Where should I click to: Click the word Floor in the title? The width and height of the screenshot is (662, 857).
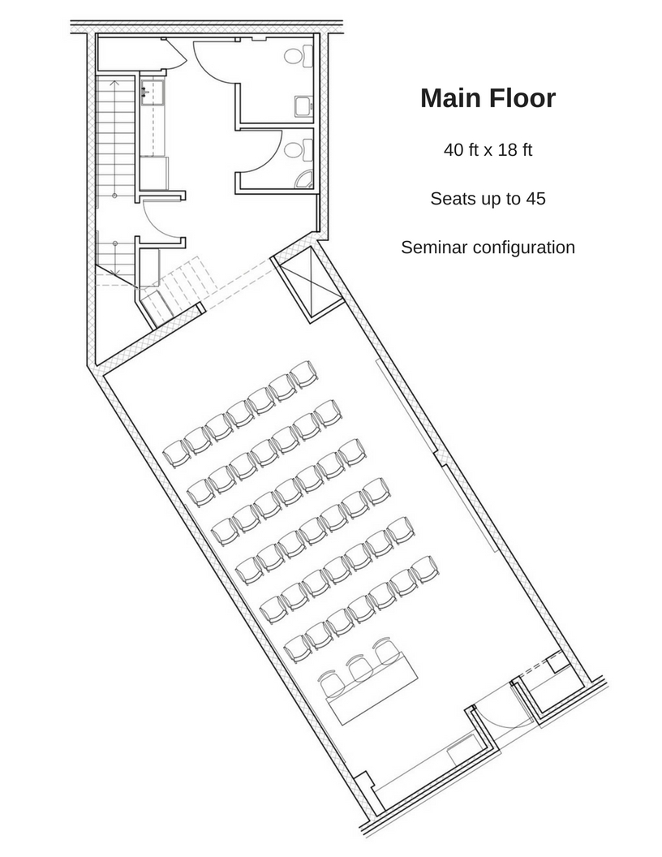[522, 98]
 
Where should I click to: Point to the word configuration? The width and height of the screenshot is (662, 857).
[524, 248]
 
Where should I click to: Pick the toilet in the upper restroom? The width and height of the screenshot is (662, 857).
[298, 56]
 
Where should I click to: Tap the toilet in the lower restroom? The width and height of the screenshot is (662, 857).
[298, 149]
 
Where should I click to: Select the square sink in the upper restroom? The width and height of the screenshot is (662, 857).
[303, 106]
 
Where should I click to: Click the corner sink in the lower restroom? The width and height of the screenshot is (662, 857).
[303, 179]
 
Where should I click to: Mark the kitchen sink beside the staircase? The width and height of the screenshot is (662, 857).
[153, 93]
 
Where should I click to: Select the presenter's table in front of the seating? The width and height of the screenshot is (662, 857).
[372, 689]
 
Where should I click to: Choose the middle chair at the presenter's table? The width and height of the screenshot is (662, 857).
[360, 668]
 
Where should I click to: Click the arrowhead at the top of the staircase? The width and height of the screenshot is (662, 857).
[114, 83]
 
